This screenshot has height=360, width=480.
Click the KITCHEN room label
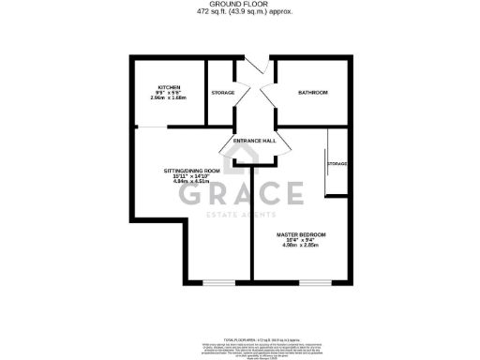pos(169,87)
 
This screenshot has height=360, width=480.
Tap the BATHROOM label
pos(313,93)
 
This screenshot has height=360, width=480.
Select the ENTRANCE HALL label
pos(255,141)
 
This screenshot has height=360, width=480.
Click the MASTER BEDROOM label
pos(301,233)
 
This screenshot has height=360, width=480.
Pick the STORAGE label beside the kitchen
pos(223,93)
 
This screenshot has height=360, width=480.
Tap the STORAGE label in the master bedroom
pos(337,164)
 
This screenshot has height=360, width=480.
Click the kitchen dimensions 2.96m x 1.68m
pos(169,97)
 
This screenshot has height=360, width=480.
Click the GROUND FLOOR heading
pos(241,5)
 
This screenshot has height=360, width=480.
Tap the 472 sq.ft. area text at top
pos(241,12)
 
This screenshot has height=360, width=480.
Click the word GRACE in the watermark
pos(241,194)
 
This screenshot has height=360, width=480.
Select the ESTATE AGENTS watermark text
pos(241,216)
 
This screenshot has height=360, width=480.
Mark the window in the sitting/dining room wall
pos(218,281)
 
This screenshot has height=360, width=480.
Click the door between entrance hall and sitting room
pos(229,150)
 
